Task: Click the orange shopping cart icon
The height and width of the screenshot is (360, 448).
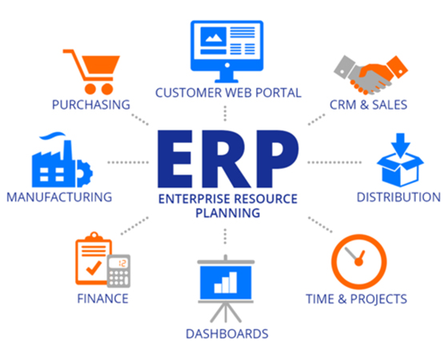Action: coord(91,72)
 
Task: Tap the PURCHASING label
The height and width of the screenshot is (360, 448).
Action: coord(91,105)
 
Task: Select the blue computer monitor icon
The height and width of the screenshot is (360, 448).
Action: coord(227,51)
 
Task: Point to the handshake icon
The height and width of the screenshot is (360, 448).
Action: coord(371,75)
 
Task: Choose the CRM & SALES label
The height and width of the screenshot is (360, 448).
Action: coord(368,105)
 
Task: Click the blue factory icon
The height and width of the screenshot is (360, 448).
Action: coord(62,160)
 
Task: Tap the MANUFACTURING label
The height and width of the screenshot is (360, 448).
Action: coord(59,197)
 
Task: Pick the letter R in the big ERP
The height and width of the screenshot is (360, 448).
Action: coord(226,159)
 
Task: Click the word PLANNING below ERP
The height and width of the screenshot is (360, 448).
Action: coord(228,213)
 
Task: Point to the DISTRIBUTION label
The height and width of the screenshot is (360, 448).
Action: coord(398,197)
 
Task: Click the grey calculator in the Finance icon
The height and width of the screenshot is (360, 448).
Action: coord(119,271)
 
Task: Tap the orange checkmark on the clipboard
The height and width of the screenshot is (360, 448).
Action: coord(94,268)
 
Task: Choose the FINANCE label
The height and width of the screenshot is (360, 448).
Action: coord(103,299)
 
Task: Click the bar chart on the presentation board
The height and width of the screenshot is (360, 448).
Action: coord(226,282)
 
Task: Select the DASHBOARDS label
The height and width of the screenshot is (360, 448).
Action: coord(227,334)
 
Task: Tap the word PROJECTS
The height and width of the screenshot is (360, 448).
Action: coord(378,299)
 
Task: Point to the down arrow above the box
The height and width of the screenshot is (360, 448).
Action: coord(401,145)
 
